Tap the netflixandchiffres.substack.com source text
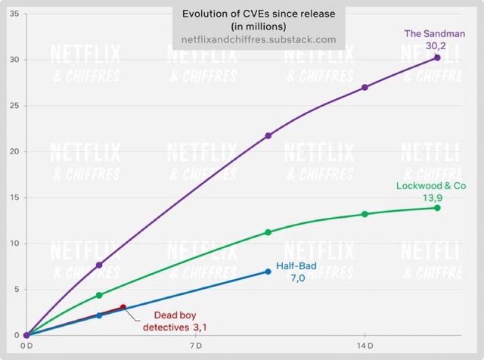259,39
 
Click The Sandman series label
433,33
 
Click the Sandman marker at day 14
365,87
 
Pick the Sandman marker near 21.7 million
268,135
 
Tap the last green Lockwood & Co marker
437,207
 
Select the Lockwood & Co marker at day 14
365,214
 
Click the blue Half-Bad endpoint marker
268,271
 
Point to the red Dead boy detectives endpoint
123,307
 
